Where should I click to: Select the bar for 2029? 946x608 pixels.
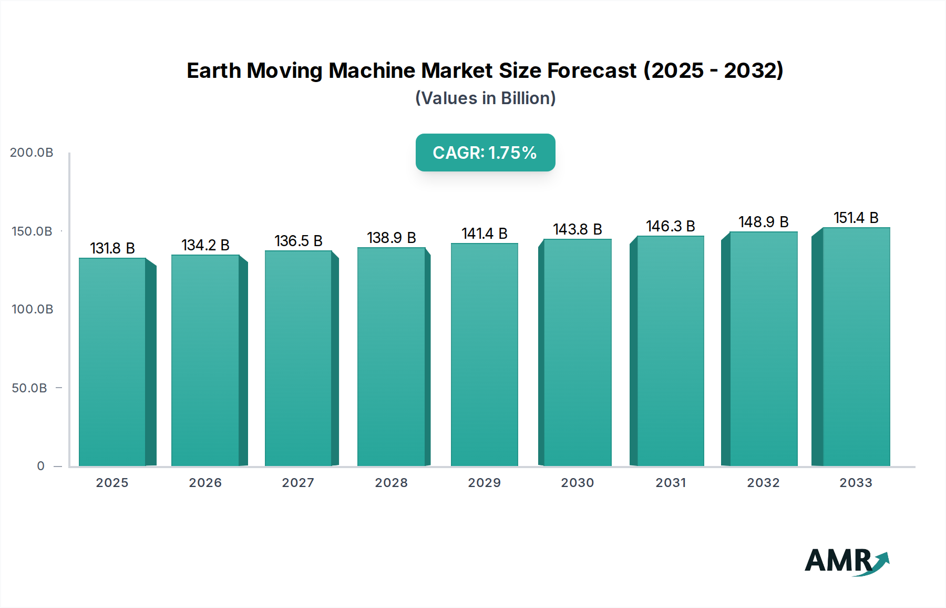pyautogui.click(x=485, y=355)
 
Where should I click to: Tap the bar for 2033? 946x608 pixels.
pyautogui.click(x=856, y=347)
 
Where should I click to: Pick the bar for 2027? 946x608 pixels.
pyautogui.click(x=299, y=359)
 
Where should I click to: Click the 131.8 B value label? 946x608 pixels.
pyautogui.click(x=112, y=248)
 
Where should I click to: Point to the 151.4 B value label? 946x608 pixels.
pyautogui.click(x=856, y=218)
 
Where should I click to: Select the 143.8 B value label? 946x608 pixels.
pyautogui.click(x=577, y=229)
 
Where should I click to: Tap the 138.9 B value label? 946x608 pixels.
pyautogui.click(x=392, y=238)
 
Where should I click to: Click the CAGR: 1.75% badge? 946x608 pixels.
pyautogui.click(x=485, y=153)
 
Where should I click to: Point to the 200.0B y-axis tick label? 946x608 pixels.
pyautogui.click(x=32, y=153)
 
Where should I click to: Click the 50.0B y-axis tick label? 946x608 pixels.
pyautogui.click(x=29, y=388)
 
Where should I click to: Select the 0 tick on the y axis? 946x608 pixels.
pyautogui.click(x=41, y=466)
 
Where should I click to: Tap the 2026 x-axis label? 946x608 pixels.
pyautogui.click(x=205, y=483)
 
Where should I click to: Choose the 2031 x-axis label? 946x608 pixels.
pyautogui.click(x=671, y=483)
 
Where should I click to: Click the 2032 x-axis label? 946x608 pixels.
pyautogui.click(x=763, y=483)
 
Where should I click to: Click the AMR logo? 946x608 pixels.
pyautogui.click(x=846, y=562)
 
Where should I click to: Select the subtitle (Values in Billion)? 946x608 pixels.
pyautogui.click(x=485, y=98)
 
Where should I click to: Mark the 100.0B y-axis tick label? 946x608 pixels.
pyautogui.click(x=32, y=309)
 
